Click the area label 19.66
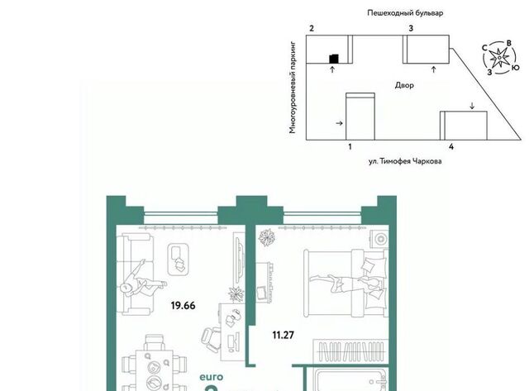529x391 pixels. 183,306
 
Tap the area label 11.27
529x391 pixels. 283,335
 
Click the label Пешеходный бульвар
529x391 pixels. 405,13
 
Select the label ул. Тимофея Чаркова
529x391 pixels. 405,161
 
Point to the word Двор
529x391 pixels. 404,85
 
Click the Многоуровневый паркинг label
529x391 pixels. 293,88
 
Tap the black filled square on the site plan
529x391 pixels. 334,59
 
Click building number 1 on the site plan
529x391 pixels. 350,147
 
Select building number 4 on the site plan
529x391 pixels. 451,147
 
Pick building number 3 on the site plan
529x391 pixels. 411,28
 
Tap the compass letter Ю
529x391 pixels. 515,68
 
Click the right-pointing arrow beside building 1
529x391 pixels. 340,123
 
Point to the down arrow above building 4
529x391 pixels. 472,106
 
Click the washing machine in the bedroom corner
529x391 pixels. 379,239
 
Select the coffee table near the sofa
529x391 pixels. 179,260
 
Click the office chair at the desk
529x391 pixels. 211,339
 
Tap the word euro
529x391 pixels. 212,377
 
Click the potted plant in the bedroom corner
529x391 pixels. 267,237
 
